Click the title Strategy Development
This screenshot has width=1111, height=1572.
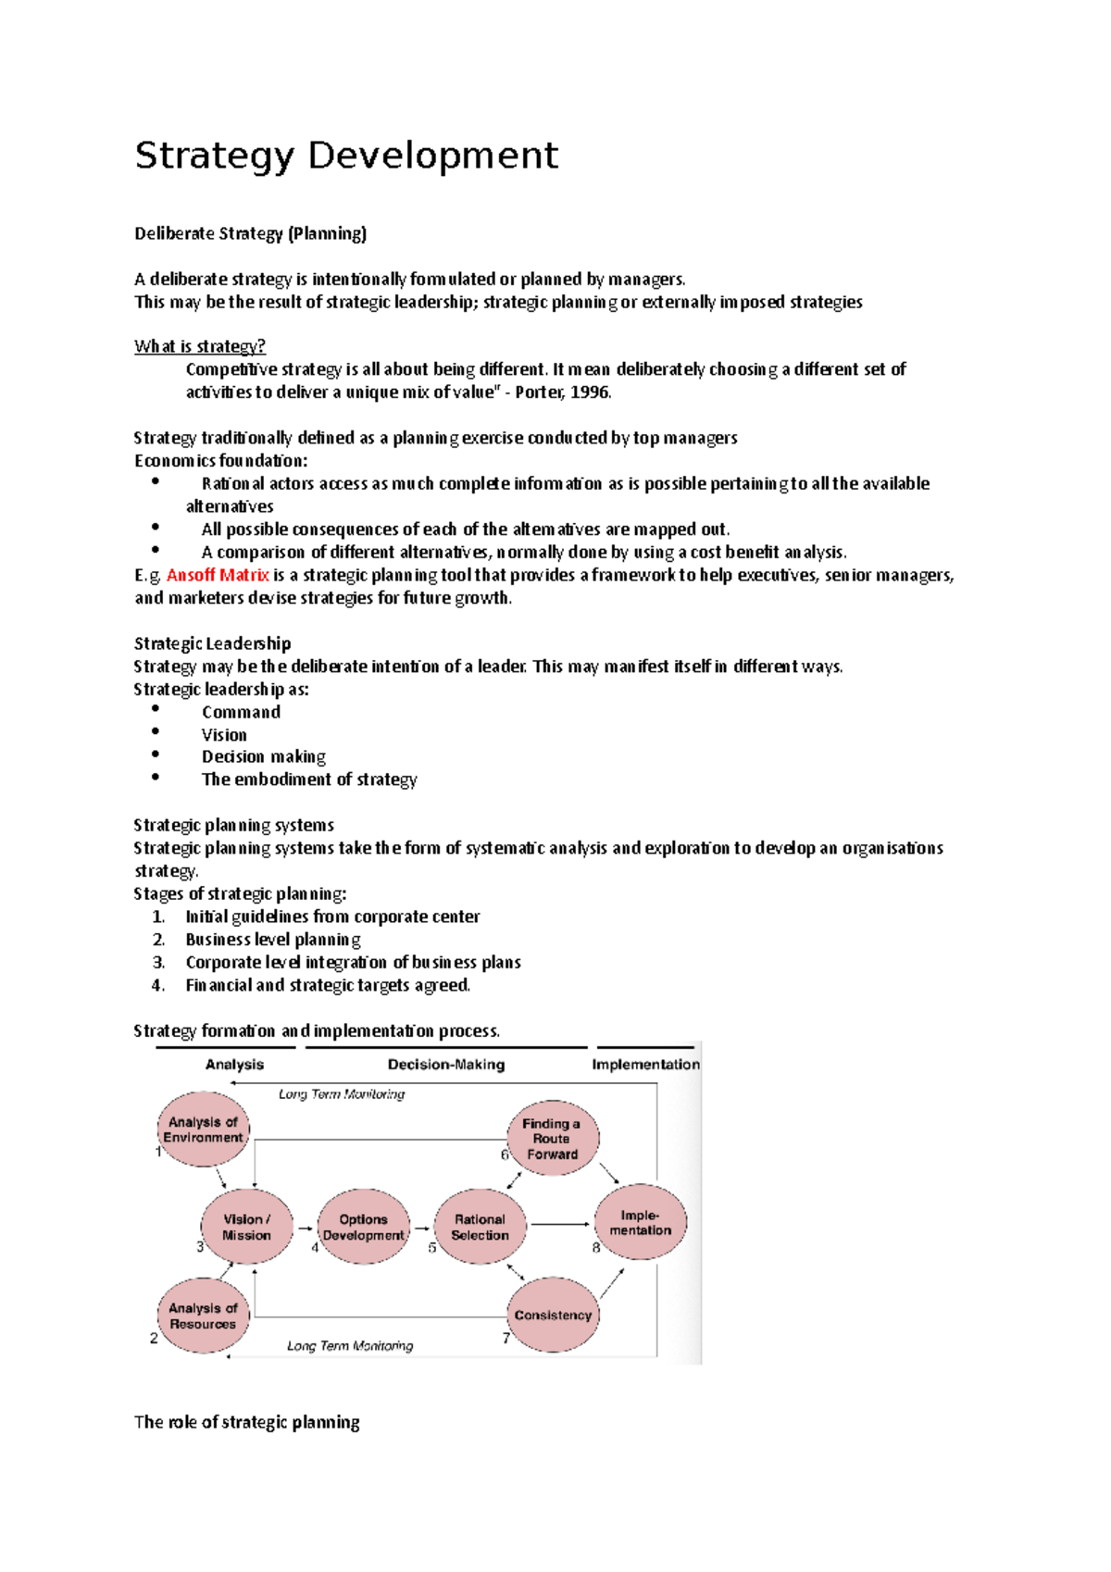346,156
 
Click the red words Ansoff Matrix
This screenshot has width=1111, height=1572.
218,575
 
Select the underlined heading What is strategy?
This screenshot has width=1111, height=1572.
200,346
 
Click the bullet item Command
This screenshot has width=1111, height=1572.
241,712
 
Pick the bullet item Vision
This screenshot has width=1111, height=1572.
224,735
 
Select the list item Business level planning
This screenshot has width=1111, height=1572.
272,939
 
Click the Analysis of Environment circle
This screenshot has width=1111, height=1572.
203,1129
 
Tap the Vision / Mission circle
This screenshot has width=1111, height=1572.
247,1227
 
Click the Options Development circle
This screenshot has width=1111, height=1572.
363,1228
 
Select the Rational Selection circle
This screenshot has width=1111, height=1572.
480,1228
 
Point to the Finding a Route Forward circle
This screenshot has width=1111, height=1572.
553,1139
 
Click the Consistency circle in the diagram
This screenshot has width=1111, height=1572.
553,1315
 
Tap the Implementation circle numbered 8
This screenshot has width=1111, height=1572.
641,1222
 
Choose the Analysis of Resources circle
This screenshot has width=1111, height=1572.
203,1316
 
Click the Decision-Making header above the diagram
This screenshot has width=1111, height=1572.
446,1065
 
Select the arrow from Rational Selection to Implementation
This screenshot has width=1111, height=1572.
559,1225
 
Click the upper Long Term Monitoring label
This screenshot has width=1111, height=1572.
342,1094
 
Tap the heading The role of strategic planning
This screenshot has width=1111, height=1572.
246,1422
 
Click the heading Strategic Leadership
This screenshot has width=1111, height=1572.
212,643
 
